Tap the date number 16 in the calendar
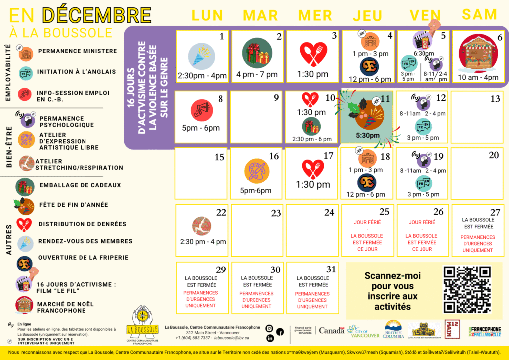click(274, 156)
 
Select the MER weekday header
click(315, 15)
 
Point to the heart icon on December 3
click(313, 54)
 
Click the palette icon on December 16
click(256, 171)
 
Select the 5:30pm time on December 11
click(368, 135)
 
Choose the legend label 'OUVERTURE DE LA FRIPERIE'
click(83, 258)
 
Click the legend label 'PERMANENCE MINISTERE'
click(78, 51)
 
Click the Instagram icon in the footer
click(269, 328)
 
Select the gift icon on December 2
click(257, 53)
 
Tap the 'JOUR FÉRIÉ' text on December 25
click(367, 222)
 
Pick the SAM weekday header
click(479, 14)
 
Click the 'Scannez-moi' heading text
click(392, 275)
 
